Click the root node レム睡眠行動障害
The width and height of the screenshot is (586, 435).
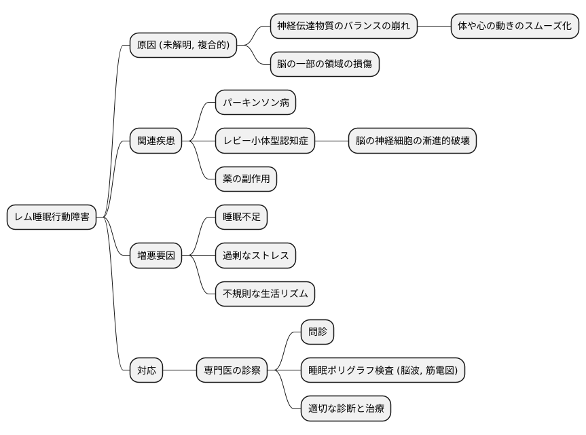[52, 217]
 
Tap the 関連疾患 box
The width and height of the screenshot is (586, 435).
[156, 141]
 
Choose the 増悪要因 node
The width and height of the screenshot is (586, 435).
[156, 256]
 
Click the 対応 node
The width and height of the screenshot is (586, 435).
[147, 370]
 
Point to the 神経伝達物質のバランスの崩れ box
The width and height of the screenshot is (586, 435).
[344, 27]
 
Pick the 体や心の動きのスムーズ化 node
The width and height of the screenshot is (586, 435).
[515, 27]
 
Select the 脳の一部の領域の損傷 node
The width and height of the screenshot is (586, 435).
[325, 65]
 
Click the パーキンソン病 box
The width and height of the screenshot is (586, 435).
[255, 103]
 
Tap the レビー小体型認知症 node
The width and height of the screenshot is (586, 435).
[265, 141]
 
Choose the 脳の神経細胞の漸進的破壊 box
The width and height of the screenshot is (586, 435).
[412, 141]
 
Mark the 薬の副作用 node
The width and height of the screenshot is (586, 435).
[246, 179]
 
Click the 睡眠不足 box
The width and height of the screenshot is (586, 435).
[241, 217]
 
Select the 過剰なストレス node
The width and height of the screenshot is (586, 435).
[255, 256]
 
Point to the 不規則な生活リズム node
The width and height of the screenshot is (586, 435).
[265, 294]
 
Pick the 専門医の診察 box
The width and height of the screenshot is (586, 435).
[232, 370]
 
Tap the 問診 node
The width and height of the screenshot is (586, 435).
[318, 332]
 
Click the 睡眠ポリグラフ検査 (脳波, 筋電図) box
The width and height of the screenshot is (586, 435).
[383, 370]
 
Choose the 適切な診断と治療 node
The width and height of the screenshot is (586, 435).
[346, 408]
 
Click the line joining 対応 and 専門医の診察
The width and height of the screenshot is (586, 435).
[180, 370]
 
